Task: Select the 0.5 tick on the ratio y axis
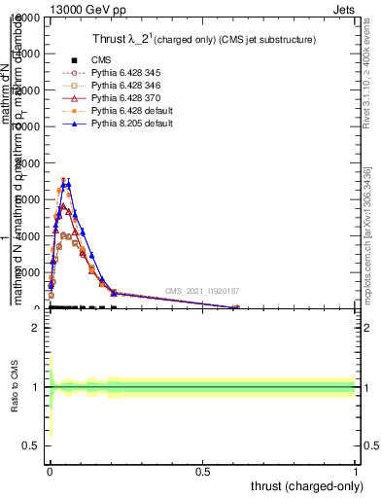coord(31,445)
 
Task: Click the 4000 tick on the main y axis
coord(26,235)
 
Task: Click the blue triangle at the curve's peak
coord(68,183)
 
